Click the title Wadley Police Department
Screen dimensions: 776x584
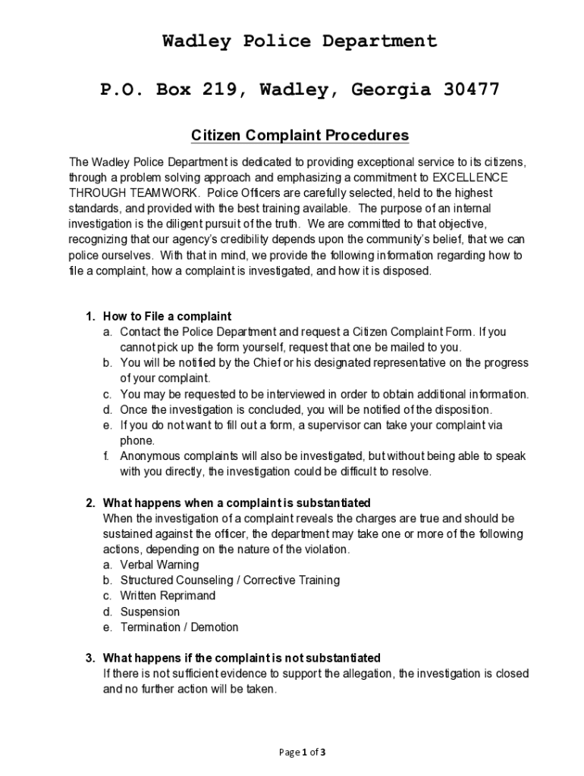(x=300, y=42)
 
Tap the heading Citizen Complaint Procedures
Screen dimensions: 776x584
(x=300, y=136)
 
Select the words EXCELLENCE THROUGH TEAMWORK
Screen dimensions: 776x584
(x=288, y=185)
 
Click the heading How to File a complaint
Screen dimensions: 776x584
(x=167, y=316)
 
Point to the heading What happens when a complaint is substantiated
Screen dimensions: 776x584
(x=236, y=502)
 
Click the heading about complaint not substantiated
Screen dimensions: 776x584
(x=241, y=657)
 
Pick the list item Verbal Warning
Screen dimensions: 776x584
(x=159, y=565)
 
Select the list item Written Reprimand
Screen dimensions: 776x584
(x=168, y=596)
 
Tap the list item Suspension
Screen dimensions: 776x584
(x=150, y=612)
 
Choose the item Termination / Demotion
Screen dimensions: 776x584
(x=179, y=627)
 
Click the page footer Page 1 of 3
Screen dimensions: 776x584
(x=302, y=753)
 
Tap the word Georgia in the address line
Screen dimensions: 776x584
(x=380, y=91)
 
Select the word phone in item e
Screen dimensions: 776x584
(x=137, y=440)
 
